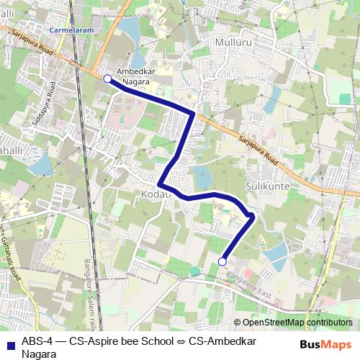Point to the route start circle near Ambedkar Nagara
tap(107, 79)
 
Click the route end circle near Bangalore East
tap(222, 261)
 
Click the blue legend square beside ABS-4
tap(9, 343)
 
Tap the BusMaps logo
tap(325, 344)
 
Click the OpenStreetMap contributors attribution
tap(297, 323)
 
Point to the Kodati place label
tap(156, 195)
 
